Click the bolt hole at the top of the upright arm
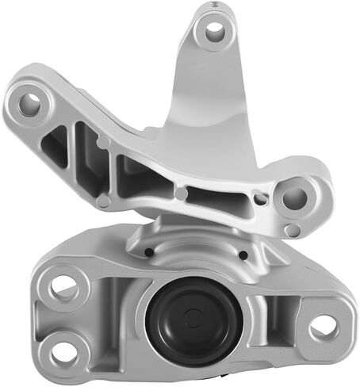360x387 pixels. tap(213, 32)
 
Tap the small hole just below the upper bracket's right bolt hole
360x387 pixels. tap(293, 230)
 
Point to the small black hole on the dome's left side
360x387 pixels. tap(148, 253)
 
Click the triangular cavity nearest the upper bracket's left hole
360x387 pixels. tap(56, 144)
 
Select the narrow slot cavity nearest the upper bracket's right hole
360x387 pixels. tap(230, 194)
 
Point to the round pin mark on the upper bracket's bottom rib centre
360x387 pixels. tap(182, 193)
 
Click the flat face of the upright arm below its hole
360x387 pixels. tap(208, 95)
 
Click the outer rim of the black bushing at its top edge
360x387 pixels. tap(188, 284)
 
